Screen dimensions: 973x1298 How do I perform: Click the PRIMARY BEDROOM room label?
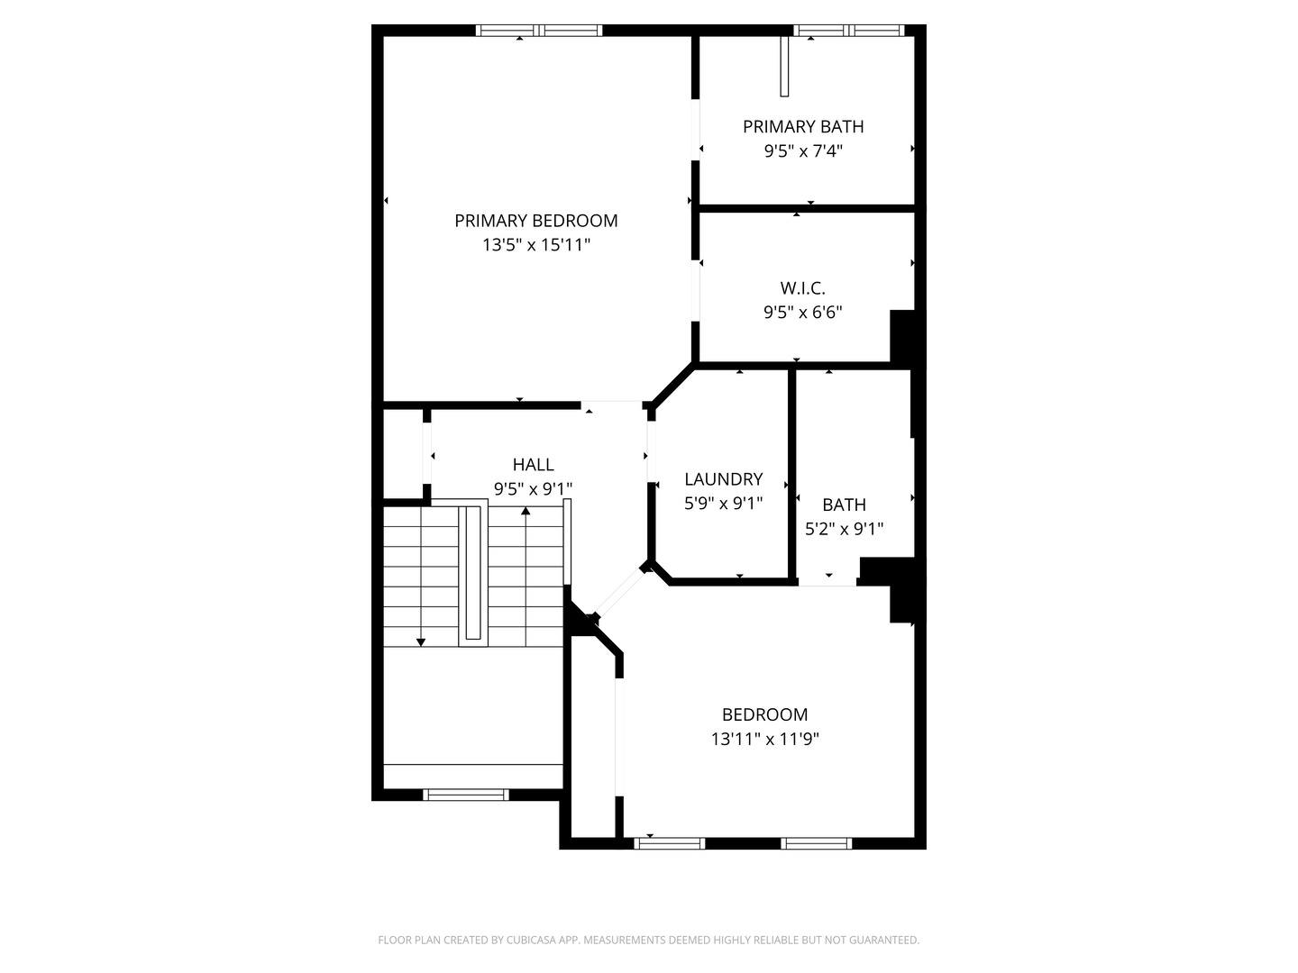point(535,221)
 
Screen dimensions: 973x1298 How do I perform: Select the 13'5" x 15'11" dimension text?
point(535,244)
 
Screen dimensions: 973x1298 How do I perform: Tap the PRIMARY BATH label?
point(802,127)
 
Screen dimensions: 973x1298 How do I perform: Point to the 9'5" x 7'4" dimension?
point(802,151)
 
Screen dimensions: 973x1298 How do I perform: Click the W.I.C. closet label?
point(802,288)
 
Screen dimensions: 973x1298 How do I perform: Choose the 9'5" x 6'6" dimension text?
point(802,313)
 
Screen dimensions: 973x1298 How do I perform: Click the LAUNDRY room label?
point(723,479)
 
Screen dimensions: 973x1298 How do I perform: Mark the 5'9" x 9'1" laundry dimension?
point(723,504)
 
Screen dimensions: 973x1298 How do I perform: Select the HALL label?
point(533,465)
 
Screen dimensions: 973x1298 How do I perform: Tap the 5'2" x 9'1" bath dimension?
point(844,529)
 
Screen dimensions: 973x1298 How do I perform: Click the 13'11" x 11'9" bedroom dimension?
point(764,740)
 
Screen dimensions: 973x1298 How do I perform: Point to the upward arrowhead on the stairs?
point(526,512)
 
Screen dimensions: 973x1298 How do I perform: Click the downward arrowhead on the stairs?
point(421,641)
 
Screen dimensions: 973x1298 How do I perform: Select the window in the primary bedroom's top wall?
point(539,31)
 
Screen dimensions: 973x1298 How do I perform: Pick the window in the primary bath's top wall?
point(848,31)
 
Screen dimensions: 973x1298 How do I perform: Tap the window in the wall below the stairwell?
point(466,795)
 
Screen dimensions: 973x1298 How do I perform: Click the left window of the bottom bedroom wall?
point(670,843)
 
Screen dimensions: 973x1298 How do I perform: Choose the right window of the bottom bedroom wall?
point(816,843)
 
